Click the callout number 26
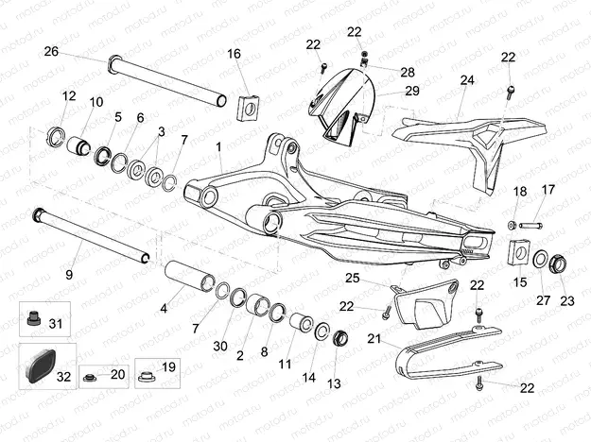(51, 51)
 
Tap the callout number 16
(234, 54)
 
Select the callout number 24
(466, 81)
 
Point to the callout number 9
(69, 275)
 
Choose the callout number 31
(56, 324)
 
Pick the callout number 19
(169, 366)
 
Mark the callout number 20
(117, 375)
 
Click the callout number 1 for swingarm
(219, 148)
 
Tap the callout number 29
(412, 91)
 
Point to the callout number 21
(374, 339)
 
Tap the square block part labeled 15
(517, 254)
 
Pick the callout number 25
(352, 279)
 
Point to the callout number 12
(69, 96)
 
